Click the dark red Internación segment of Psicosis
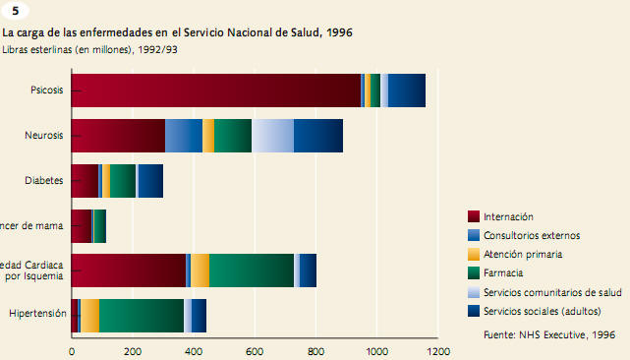tap(216, 90)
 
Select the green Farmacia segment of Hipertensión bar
tap(142, 315)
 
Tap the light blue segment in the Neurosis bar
tap(272, 135)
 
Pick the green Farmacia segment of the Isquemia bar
tap(252, 270)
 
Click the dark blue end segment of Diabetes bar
tap(150, 180)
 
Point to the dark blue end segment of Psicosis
tap(407, 90)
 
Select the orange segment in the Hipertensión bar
tap(90, 315)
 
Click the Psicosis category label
tap(47, 90)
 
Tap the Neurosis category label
tap(44, 135)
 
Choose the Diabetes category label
tap(44, 180)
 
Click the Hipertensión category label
tap(36, 315)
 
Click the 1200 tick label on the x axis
tap(437, 349)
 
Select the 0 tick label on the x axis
tap(72, 349)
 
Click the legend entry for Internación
tap(510, 216)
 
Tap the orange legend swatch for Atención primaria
tap(474, 254)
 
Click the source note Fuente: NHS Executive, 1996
tap(549, 334)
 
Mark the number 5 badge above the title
tap(14, 11)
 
